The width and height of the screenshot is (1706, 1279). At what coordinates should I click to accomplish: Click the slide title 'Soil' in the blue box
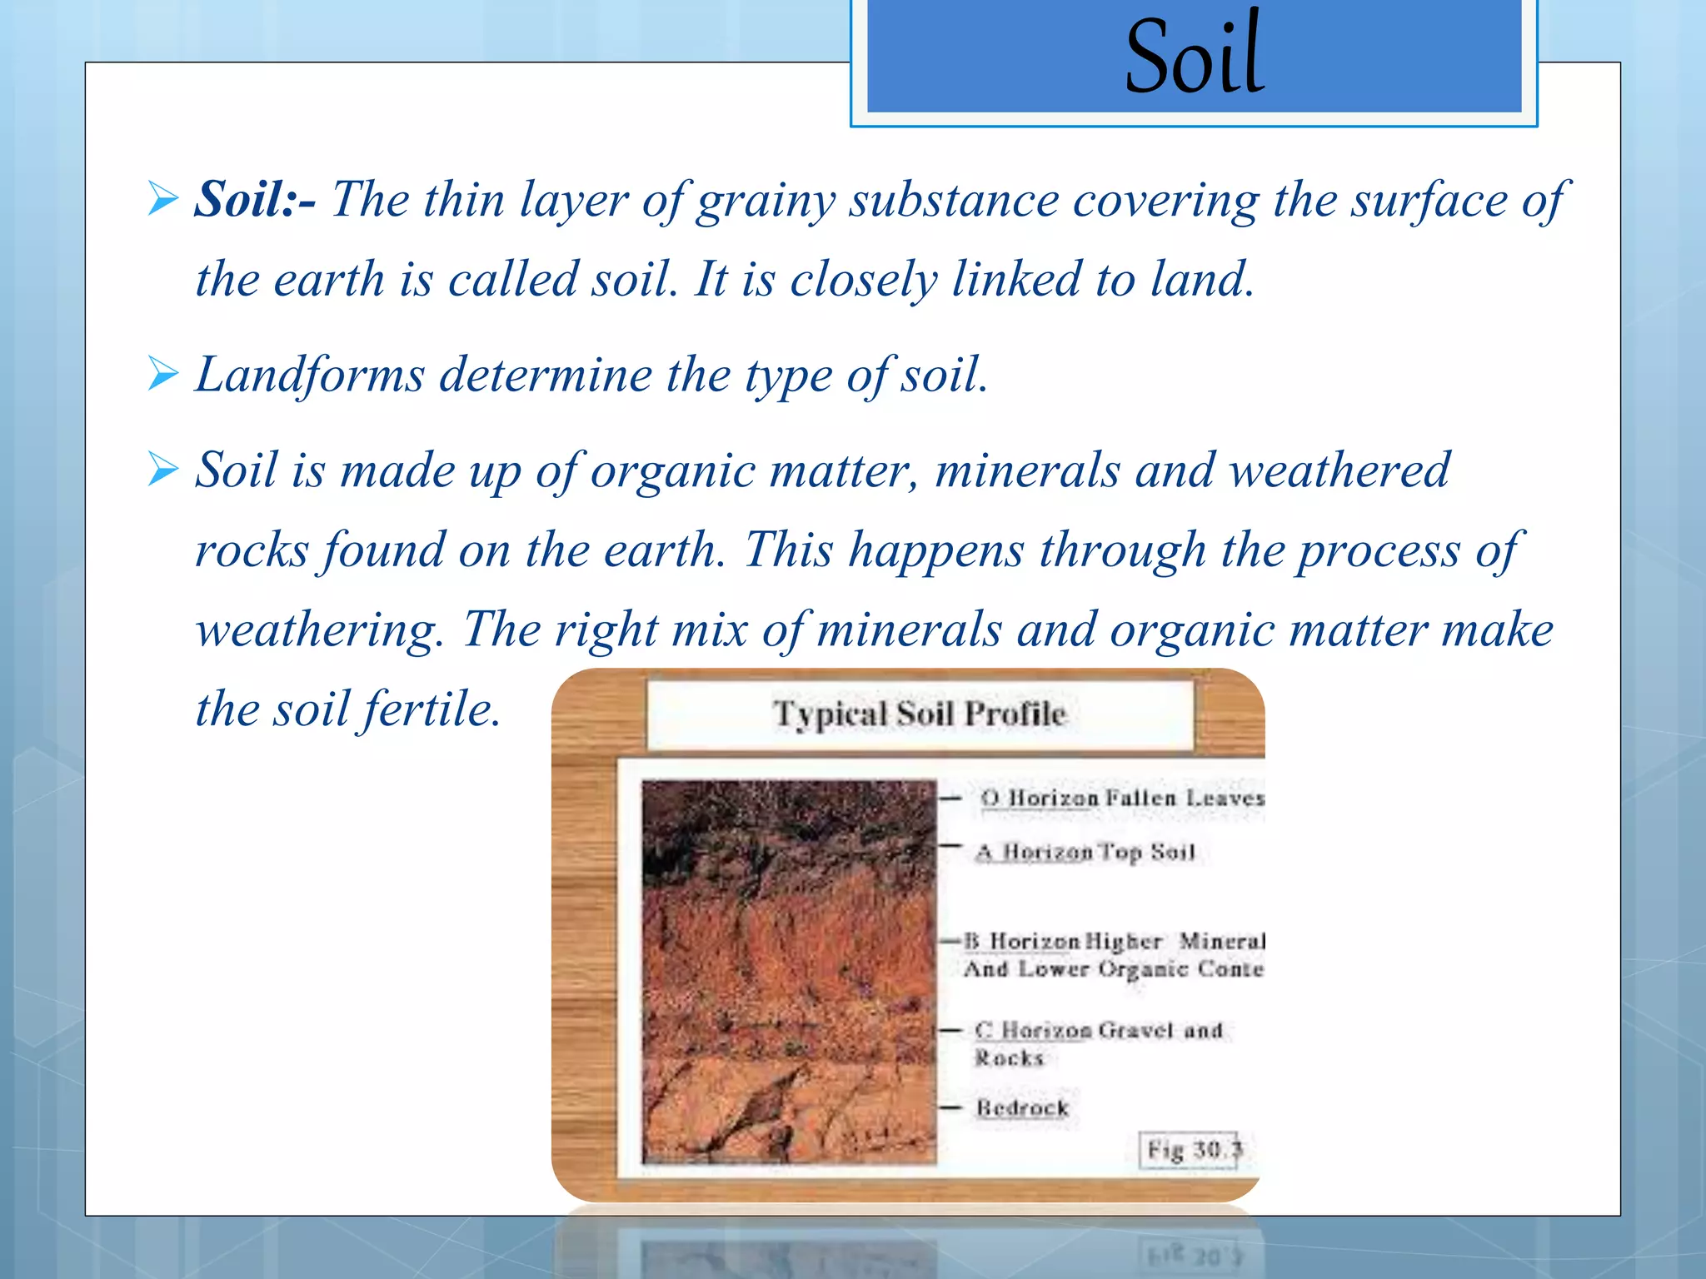1195,57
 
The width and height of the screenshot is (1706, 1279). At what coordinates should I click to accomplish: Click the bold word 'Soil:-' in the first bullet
255,200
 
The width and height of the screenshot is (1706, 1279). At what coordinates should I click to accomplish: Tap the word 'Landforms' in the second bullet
310,375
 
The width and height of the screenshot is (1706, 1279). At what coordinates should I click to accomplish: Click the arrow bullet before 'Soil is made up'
163,469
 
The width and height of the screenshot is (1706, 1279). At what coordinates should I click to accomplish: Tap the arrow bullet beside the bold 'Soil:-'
163,200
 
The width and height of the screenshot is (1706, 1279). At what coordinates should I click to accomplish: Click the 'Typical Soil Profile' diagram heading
920,714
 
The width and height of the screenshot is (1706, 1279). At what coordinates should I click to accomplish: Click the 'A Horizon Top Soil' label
1085,852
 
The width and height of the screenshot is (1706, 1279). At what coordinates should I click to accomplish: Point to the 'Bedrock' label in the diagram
1022,1107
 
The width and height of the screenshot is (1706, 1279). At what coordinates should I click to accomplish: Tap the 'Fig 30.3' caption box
1190,1151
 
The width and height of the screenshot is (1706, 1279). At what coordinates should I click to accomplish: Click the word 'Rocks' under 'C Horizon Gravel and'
1009,1058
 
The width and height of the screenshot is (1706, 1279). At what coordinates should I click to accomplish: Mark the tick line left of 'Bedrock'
950,1107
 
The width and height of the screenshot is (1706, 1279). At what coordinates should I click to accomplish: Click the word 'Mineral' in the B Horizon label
1221,941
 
